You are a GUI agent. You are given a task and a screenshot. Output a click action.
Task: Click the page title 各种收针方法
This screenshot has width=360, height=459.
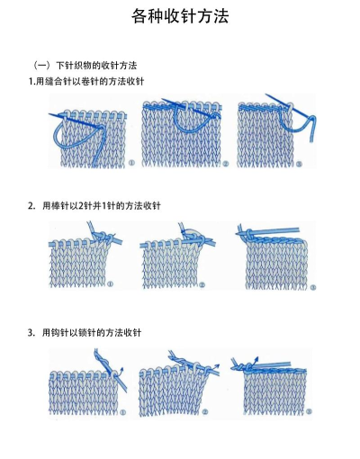pyautogui.click(x=180, y=16)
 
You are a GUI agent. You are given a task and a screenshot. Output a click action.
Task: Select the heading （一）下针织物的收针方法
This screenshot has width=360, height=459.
pyautogui.click(x=84, y=65)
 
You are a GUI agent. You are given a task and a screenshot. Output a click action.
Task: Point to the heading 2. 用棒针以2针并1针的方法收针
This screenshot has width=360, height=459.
pyautogui.click(x=94, y=206)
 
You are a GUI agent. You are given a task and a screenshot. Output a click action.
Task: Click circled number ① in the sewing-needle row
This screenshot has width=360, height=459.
pyautogui.click(x=131, y=164)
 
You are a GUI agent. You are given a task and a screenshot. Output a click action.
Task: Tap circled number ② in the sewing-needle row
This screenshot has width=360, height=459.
pyautogui.click(x=225, y=164)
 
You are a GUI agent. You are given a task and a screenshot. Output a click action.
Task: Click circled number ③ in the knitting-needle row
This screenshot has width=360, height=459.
pyautogui.click(x=311, y=286)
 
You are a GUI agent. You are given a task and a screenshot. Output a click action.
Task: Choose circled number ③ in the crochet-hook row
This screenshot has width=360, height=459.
pyautogui.click(x=309, y=412)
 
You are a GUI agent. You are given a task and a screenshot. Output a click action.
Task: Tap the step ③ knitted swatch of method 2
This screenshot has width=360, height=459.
pyautogui.click(x=274, y=263)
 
